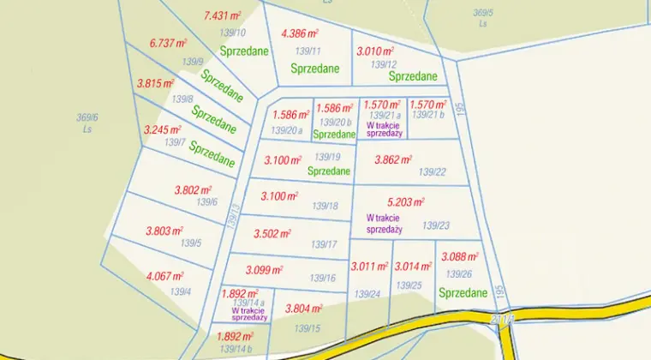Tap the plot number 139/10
point(233,33)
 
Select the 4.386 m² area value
point(300,33)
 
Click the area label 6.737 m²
point(168,43)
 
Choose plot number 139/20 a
point(287,130)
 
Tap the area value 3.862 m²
point(393,159)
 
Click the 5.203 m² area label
point(406,202)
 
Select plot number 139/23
point(435,226)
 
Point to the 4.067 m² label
point(165,276)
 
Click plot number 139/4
point(180,292)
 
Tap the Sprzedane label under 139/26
point(463,293)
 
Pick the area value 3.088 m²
point(459,255)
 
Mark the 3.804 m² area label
point(303,309)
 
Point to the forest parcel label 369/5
point(484,12)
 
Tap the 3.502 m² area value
point(273,233)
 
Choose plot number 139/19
point(327,157)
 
